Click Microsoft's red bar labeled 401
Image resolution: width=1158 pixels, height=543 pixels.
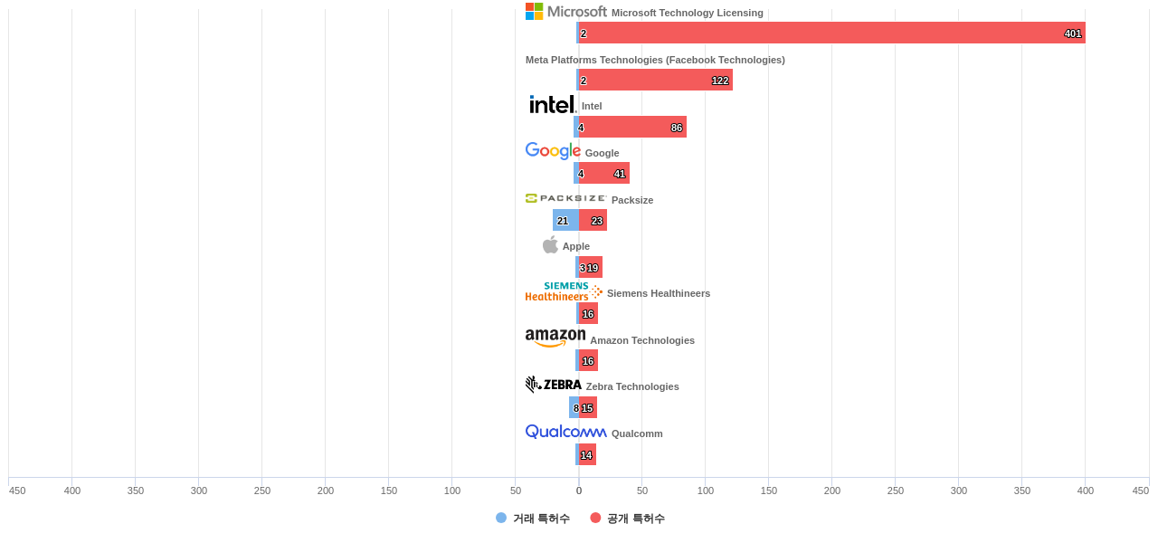[832, 33]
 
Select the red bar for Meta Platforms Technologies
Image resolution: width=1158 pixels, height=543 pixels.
[656, 80]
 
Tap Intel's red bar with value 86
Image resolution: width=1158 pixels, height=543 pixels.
[632, 127]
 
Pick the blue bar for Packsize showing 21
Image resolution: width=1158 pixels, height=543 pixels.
[565, 220]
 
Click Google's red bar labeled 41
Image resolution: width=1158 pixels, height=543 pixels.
[604, 173]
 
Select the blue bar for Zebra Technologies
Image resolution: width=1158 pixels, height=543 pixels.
[574, 407]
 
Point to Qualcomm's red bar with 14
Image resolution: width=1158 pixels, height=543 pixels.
[587, 454]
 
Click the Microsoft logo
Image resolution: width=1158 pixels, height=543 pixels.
[566, 12]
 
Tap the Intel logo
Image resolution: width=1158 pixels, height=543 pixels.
[552, 105]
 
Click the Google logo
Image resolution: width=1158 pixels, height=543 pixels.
[553, 151]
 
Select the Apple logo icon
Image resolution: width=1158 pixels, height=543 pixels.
[550, 245]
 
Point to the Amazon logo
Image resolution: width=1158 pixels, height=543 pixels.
[555, 338]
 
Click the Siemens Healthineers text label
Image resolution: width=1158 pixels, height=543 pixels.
[659, 293]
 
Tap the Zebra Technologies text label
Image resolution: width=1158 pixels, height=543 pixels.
[632, 386]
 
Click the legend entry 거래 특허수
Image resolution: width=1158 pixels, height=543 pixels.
[533, 519]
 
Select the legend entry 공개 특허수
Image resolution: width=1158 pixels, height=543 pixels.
[627, 519]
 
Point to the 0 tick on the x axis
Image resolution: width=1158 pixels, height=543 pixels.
[579, 491]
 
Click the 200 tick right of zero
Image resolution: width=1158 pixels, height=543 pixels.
[832, 491]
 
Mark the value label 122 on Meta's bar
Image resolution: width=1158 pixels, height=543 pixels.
[720, 81]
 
